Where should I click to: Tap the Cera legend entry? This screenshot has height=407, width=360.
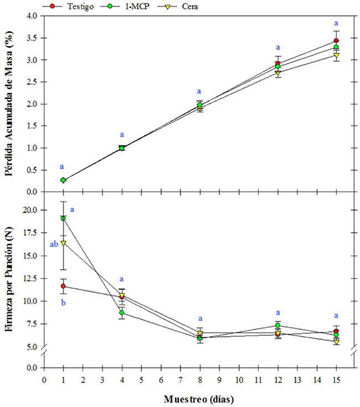pyautogui.click(x=166, y=6)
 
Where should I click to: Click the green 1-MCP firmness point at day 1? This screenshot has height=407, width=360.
pyautogui.click(x=64, y=218)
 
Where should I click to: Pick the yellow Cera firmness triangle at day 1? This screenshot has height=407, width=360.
pyautogui.click(x=64, y=243)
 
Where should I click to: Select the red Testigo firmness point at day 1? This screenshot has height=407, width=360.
pyautogui.click(x=64, y=286)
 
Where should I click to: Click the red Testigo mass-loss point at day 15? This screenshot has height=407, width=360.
pyautogui.click(x=336, y=41)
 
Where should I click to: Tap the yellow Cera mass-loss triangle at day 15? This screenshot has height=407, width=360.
pyautogui.click(x=336, y=55)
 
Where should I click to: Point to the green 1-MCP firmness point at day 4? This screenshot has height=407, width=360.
pyautogui.click(x=122, y=313)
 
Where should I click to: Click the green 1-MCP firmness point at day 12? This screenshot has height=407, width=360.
pyautogui.click(x=278, y=325)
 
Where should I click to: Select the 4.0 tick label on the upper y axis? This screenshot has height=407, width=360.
pyautogui.click(x=30, y=16)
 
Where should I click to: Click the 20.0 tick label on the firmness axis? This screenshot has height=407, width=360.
pyautogui.click(x=28, y=210)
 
